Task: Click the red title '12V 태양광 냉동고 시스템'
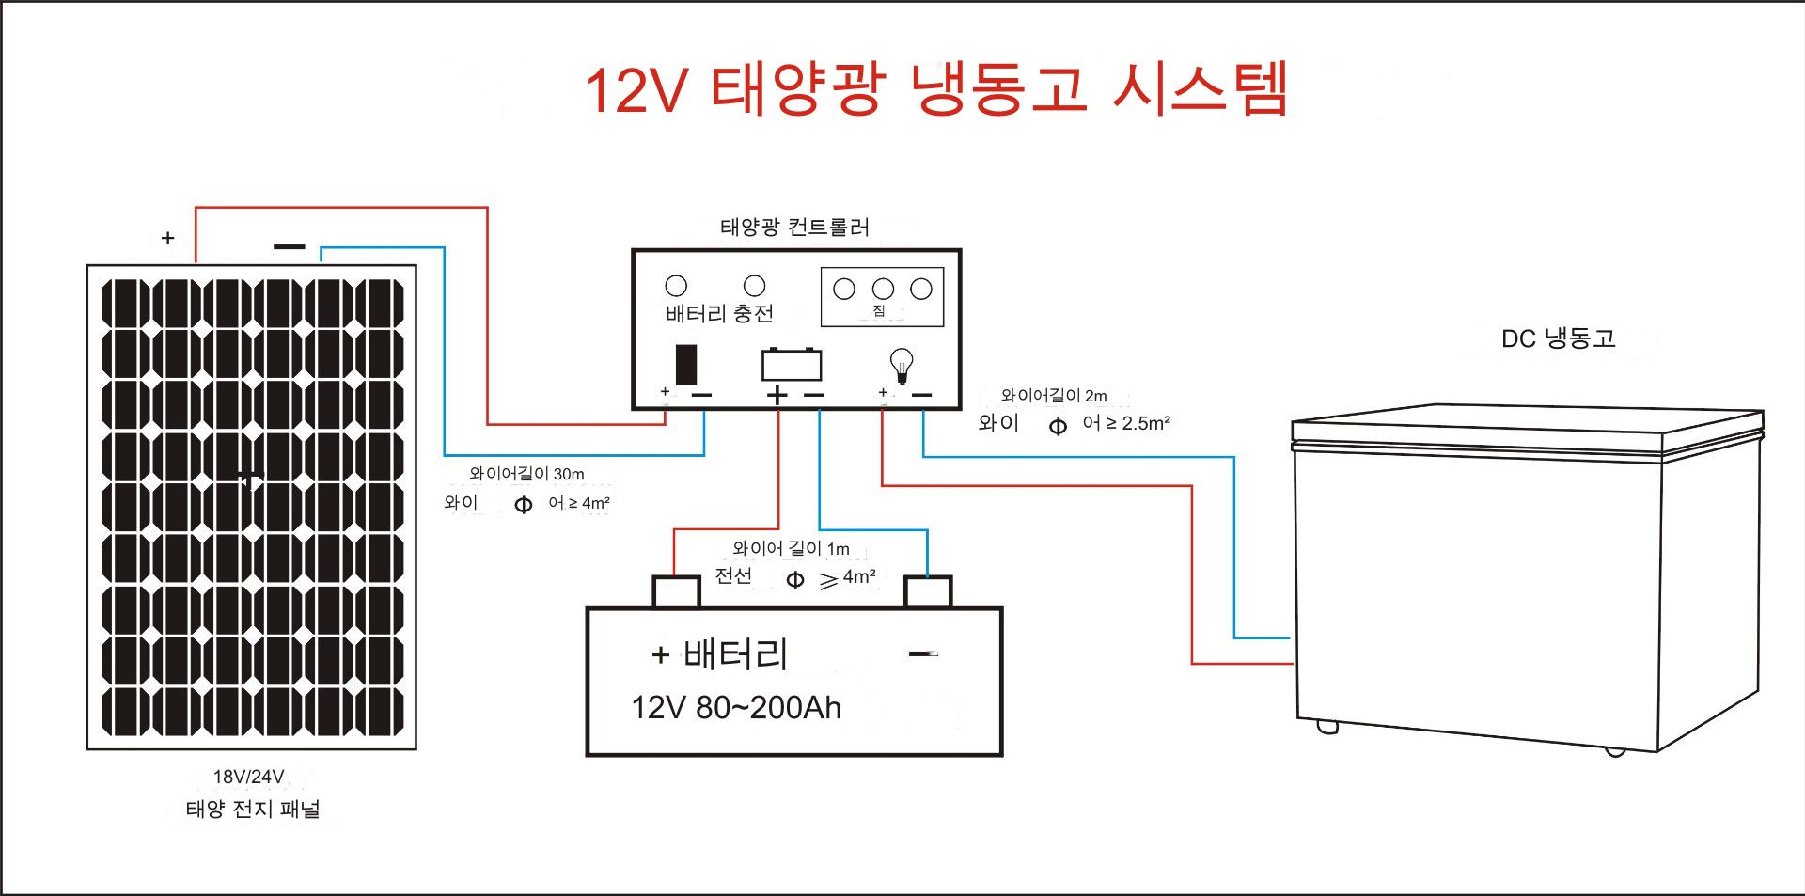935,89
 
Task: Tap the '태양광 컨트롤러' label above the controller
794,228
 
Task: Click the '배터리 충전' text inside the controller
719,314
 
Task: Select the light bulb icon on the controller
902,365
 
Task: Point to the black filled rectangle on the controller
686,365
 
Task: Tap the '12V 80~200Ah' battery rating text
736,708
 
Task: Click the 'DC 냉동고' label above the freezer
1558,338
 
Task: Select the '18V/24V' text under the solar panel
248,777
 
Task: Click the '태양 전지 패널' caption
253,810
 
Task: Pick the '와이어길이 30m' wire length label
526,475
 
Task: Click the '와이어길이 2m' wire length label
1054,396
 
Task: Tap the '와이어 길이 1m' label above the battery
791,548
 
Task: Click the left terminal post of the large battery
676,592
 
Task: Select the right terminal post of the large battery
928,592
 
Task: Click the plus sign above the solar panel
168,238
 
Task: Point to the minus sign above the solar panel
290,247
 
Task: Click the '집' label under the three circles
879,311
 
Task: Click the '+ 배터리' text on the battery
719,654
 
